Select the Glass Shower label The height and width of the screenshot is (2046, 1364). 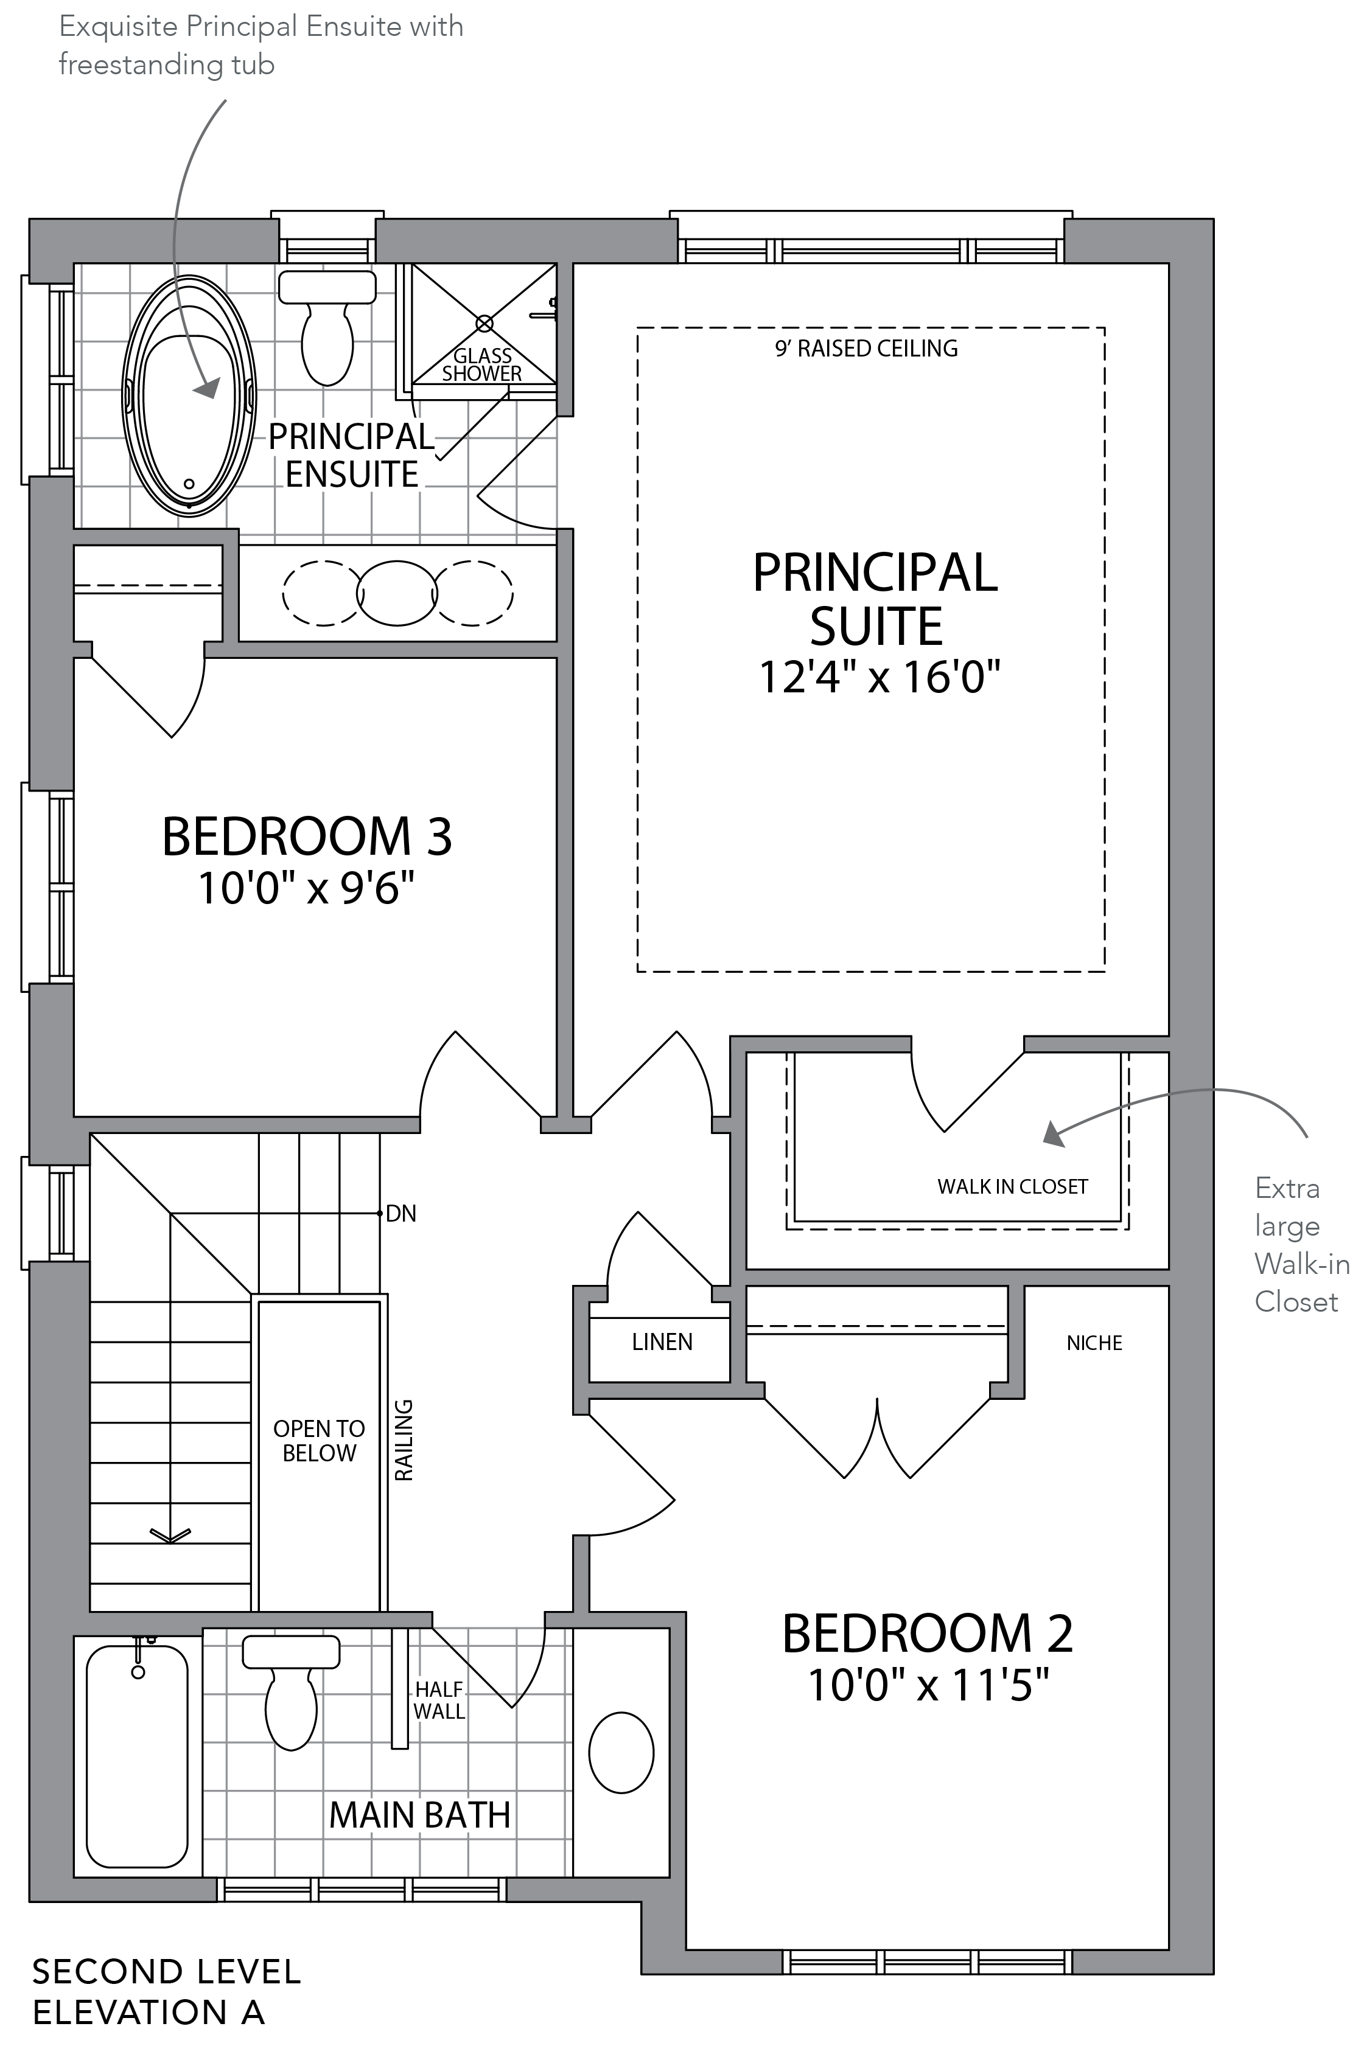point(482,364)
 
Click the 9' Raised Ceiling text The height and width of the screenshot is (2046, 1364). point(866,349)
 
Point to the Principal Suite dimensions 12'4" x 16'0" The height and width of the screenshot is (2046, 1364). point(880,677)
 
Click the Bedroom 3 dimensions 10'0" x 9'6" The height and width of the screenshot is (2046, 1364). point(306,888)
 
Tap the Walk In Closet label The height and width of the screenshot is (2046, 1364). point(1013,1187)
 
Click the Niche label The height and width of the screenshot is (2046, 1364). point(1094,1343)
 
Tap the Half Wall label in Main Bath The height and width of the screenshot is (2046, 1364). point(439,1700)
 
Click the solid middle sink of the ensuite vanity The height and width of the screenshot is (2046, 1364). point(397,593)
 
